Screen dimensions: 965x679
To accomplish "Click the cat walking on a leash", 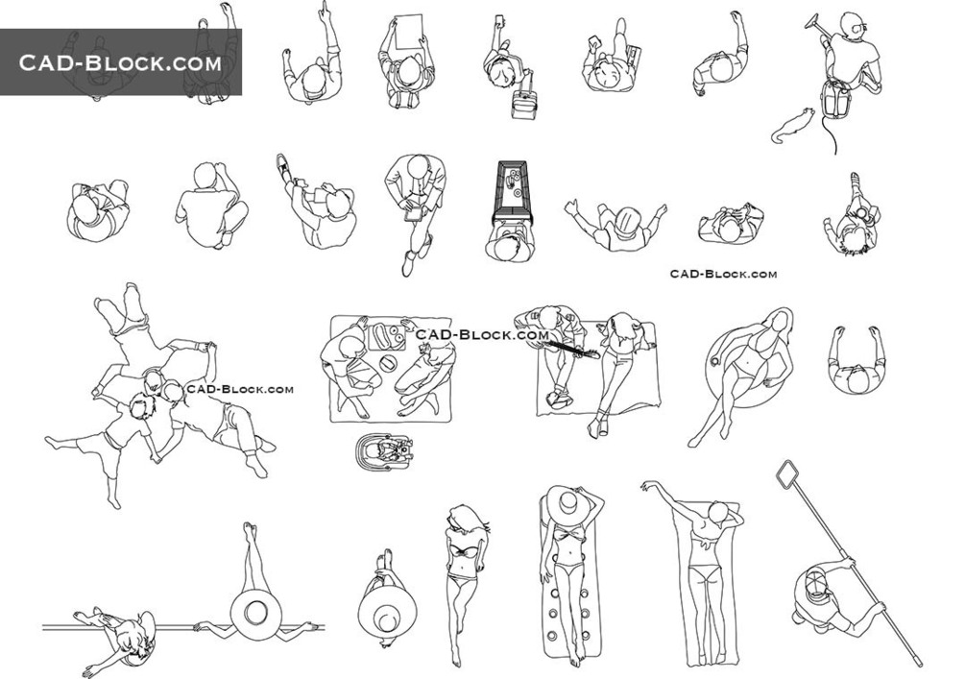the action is click(793, 126).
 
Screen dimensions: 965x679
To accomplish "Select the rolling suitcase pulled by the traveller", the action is click(523, 105).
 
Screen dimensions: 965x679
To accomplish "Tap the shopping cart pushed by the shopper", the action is click(512, 193).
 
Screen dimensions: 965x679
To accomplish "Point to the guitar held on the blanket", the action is click(569, 349).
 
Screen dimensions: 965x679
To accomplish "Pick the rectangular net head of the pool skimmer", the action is click(788, 474).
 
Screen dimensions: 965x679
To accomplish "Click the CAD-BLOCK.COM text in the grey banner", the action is click(120, 62).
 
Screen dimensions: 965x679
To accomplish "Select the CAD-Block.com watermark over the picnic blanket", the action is click(482, 334).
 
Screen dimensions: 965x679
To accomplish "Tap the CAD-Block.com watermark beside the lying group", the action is click(240, 389).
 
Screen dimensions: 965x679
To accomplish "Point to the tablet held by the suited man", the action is click(414, 213).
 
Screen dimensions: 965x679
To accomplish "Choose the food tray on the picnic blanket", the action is click(385, 337).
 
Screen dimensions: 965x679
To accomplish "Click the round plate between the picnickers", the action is click(388, 363).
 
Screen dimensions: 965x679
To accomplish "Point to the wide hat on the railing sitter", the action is click(256, 612).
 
